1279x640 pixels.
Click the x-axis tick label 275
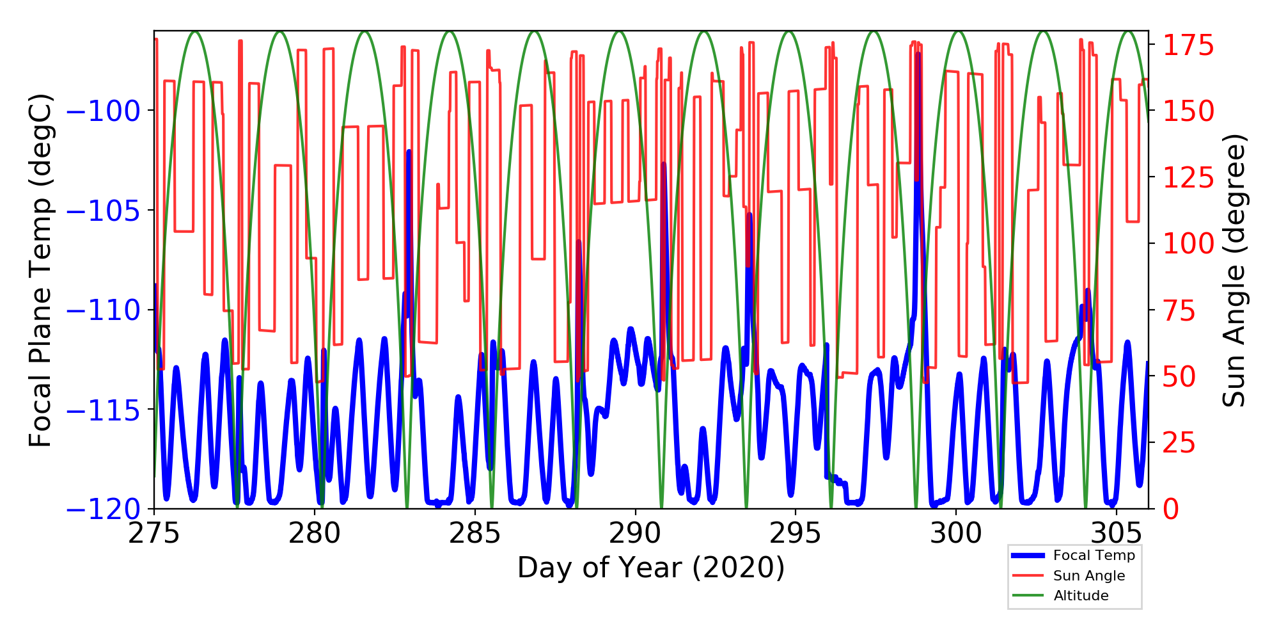(x=154, y=532)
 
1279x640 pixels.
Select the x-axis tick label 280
(x=315, y=532)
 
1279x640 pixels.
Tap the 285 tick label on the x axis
(x=475, y=532)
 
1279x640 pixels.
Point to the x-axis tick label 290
(x=636, y=532)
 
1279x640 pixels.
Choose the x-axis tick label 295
(x=796, y=532)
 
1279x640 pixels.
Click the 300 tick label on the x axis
(x=956, y=532)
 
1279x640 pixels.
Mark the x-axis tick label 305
(x=1117, y=532)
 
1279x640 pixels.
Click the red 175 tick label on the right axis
(x=1188, y=46)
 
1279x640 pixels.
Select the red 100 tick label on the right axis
(x=1188, y=244)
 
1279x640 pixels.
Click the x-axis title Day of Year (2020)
(x=651, y=568)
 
